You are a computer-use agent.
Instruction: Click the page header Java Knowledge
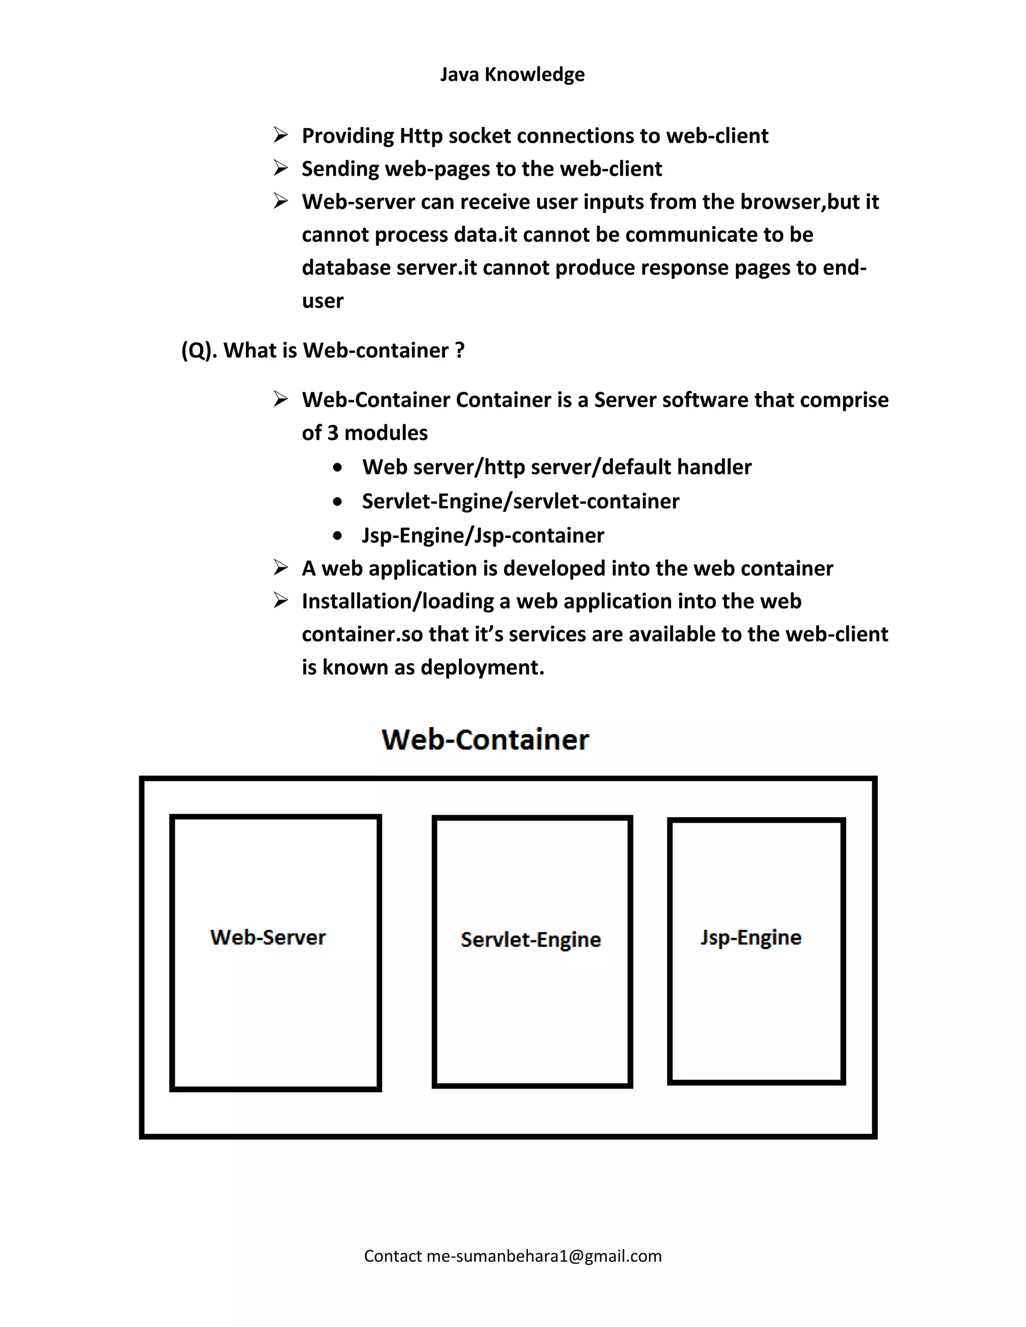512,74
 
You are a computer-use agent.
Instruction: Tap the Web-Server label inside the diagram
268,937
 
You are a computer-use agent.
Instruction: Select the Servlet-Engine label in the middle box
531,940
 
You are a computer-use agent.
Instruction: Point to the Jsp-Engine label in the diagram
750,937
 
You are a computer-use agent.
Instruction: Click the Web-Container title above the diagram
485,740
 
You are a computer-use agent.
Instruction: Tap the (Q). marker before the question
199,351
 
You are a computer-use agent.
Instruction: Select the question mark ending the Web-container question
459,350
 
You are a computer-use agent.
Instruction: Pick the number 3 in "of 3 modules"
333,433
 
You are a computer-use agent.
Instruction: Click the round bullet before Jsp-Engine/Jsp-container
338,536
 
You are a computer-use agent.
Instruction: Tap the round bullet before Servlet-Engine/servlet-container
338,502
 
